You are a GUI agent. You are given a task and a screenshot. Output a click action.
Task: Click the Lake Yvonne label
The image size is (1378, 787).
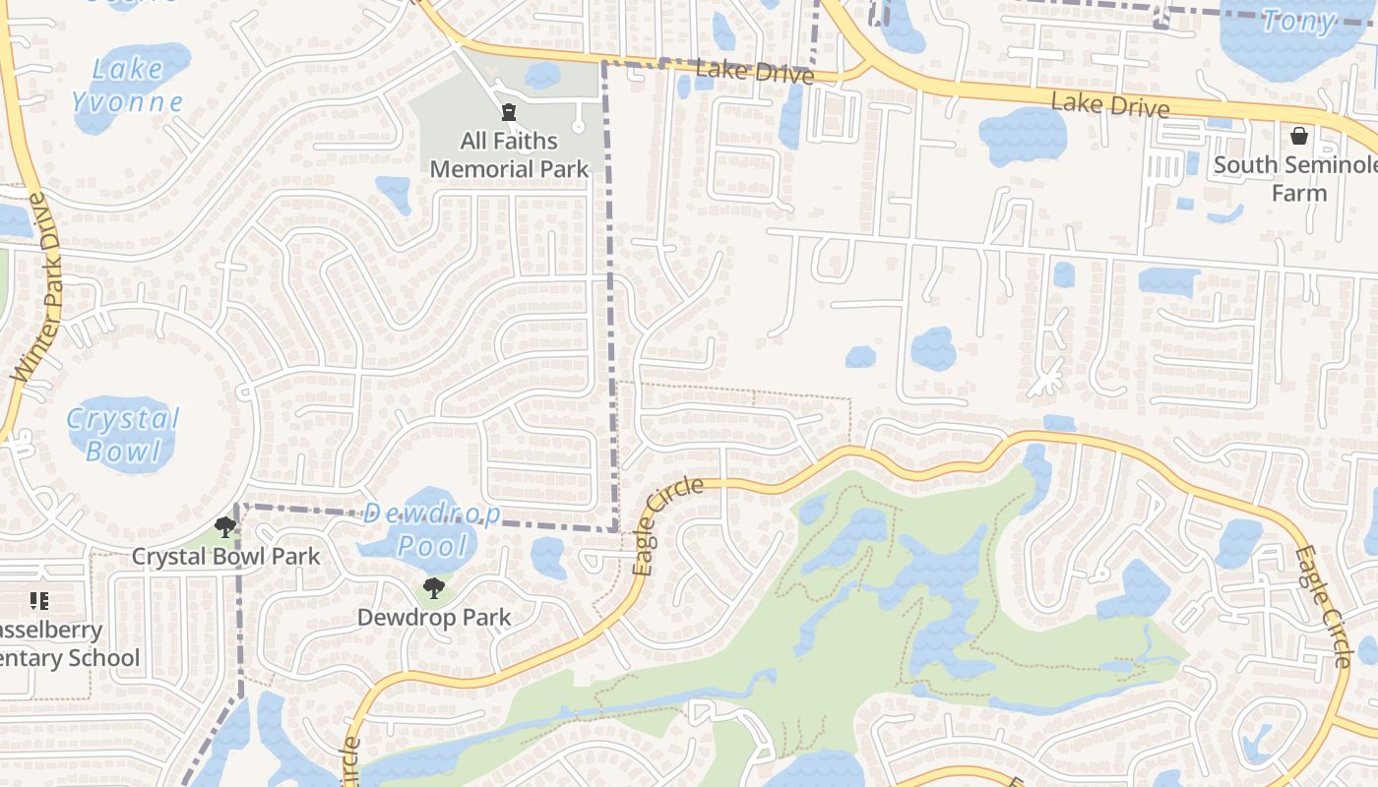[127, 86]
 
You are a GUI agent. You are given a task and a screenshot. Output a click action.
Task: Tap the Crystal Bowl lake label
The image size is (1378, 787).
[123, 434]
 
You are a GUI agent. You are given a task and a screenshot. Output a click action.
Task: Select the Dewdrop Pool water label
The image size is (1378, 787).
[432, 529]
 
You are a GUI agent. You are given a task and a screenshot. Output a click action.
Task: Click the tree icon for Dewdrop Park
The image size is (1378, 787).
[432, 588]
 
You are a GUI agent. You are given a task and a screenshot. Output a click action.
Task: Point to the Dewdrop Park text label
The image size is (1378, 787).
[433, 618]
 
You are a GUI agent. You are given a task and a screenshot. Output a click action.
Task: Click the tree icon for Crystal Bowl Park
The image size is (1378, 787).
[225, 527]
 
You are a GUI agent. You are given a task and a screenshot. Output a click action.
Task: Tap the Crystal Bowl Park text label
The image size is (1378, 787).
[225, 556]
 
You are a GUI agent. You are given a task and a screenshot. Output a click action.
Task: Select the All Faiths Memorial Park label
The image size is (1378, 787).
[509, 154]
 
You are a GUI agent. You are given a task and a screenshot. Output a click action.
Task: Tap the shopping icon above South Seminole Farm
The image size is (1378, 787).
[1298, 135]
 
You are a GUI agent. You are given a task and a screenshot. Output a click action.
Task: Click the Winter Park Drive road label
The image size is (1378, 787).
[38, 288]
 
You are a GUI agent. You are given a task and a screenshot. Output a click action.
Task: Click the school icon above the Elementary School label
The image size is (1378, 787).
[39, 600]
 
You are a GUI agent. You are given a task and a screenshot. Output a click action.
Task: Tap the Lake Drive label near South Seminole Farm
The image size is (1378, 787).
[1109, 103]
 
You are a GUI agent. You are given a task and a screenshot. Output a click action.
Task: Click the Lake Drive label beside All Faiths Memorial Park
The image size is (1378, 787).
[754, 71]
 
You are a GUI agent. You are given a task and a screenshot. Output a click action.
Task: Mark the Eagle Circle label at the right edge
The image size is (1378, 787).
[1322, 606]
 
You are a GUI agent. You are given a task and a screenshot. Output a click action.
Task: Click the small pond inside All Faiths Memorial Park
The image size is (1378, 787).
[541, 75]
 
